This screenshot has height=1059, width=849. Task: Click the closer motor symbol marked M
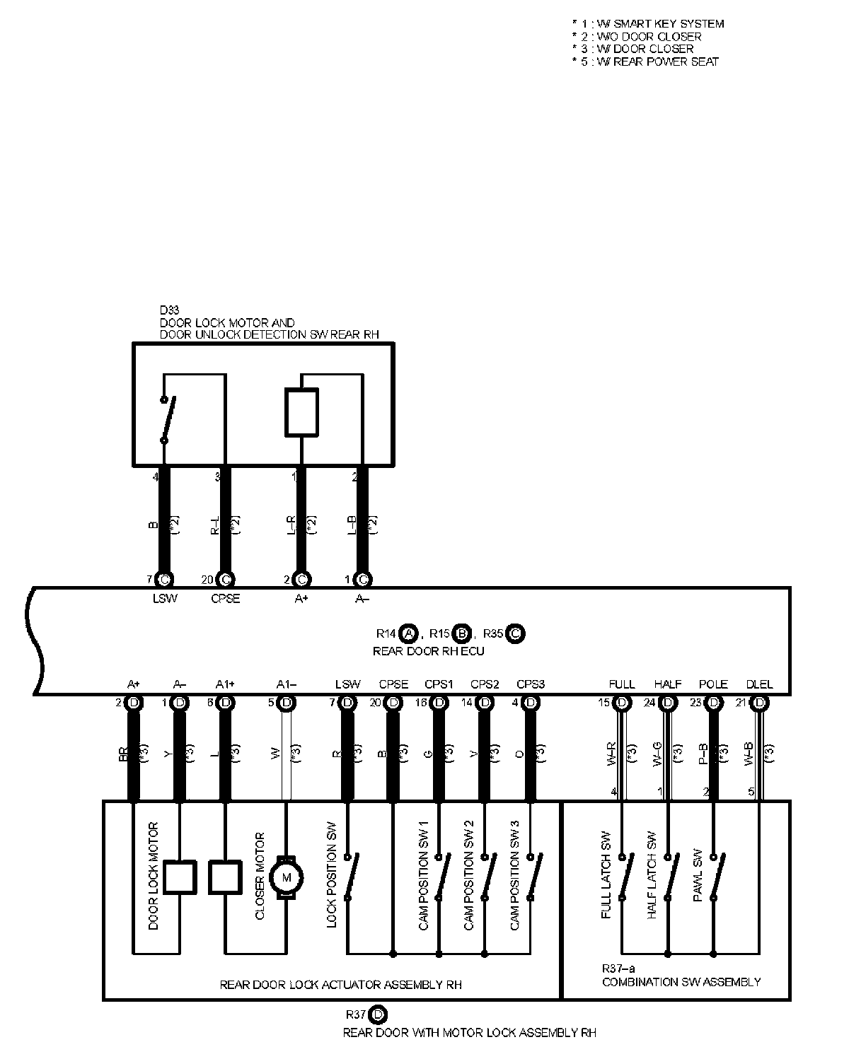pyautogui.click(x=287, y=877)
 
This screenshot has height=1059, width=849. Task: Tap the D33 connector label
pyautogui.click(x=170, y=310)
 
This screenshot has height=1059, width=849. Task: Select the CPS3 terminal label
pyautogui.click(x=530, y=684)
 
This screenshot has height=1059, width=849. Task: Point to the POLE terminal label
pyautogui.click(x=713, y=684)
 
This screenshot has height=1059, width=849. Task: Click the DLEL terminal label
pyautogui.click(x=759, y=684)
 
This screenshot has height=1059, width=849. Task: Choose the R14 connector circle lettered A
pyautogui.click(x=408, y=633)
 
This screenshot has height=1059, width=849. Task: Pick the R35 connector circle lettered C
pyautogui.click(x=515, y=633)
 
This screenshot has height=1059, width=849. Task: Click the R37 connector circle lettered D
pyautogui.click(x=378, y=1015)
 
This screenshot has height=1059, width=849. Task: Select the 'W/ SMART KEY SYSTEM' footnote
pyautogui.click(x=648, y=23)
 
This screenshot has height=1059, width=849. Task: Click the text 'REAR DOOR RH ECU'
pyautogui.click(x=428, y=650)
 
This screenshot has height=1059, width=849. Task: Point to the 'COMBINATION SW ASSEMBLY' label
pyautogui.click(x=681, y=981)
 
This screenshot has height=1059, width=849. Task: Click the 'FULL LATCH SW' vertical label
pyautogui.click(x=606, y=874)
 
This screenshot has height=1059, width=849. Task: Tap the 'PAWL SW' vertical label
pyautogui.click(x=698, y=874)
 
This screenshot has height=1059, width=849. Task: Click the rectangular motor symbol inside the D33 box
pyautogui.click(x=301, y=411)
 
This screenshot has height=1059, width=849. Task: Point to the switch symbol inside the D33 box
pyautogui.click(x=168, y=419)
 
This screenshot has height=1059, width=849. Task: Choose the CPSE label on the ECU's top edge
pyautogui.click(x=225, y=599)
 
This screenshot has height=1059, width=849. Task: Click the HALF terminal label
pyautogui.click(x=667, y=684)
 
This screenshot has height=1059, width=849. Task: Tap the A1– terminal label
pyautogui.click(x=287, y=684)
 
